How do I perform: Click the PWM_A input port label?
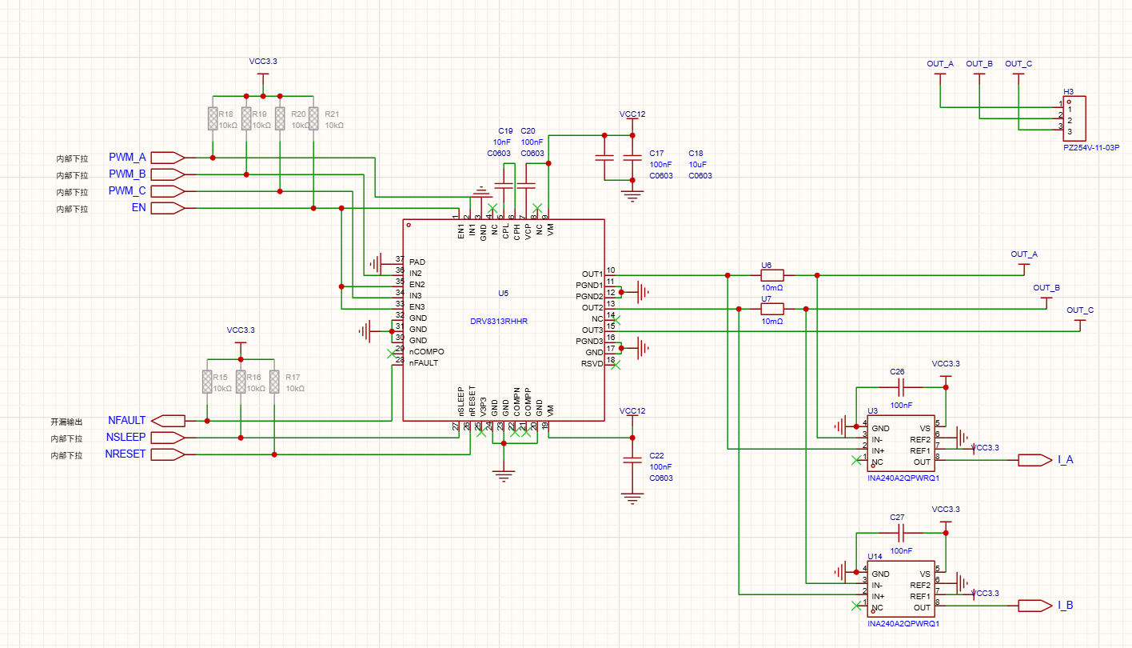[x=127, y=157]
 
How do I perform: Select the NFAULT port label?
[x=127, y=420]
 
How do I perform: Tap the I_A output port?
[x=1064, y=460]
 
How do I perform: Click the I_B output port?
[x=1064, y=606]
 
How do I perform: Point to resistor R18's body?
[x=213, y=118]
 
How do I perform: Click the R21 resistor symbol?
[x=313, y=118]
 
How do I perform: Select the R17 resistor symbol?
[x=274, y=382]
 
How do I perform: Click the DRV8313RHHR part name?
[x=499, y=322]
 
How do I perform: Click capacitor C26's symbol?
[x=900, y=387]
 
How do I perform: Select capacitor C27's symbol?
[x=900, y=533]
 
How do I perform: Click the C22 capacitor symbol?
[x=632, y=462]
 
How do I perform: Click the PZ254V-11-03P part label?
[x=1091, y=147]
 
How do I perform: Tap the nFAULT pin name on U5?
[x=424, y=363]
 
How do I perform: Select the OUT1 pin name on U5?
[x=592, y=274]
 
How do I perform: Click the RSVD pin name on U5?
[x=592, y=364]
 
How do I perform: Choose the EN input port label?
[x=138, y=208]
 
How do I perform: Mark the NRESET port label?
[x=126, y=454]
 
